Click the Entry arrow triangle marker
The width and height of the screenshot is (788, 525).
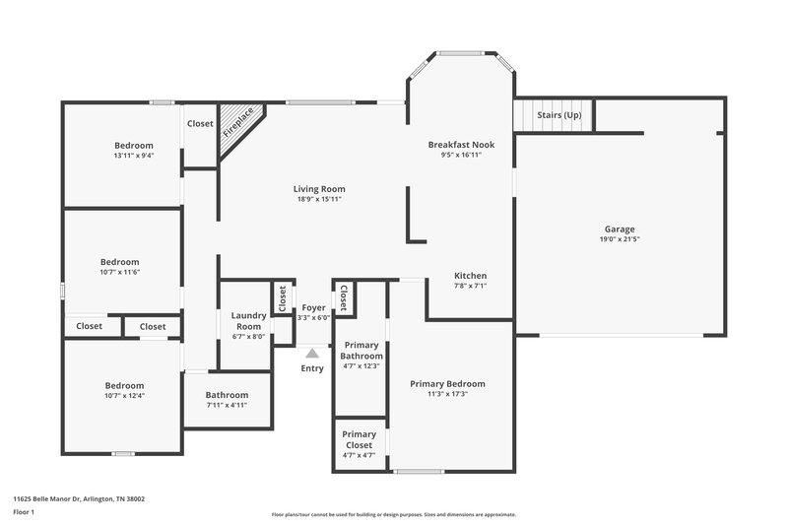(312, 352)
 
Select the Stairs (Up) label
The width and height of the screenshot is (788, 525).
(558, 115)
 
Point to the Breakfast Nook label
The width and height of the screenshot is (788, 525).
(461, 145)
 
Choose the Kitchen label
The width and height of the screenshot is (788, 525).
(470, 275)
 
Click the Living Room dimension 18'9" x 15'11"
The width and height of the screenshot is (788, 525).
(319, 199)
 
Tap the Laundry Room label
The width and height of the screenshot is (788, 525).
(248, 320)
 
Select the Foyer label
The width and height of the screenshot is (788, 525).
(313, 308)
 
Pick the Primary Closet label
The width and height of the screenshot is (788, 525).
(359, 439)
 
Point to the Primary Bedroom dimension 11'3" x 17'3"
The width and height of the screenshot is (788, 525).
(447, 394)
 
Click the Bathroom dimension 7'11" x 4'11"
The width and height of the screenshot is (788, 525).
(227, 405)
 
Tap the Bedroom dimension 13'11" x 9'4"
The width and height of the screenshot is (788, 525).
(134, 156)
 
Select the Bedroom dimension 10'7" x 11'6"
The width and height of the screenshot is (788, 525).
(120, 272)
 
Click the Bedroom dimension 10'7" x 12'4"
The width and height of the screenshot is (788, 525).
(124, 396)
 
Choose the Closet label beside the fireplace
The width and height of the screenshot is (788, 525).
(201, 124)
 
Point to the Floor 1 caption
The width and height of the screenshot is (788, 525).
(24, 512)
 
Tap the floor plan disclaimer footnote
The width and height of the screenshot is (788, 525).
(394, 514)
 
